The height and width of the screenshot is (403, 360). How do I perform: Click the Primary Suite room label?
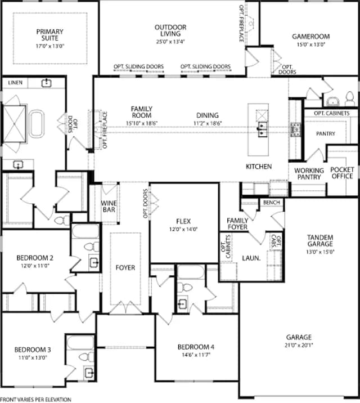point(50,35)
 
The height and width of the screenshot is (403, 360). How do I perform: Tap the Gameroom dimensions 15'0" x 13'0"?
point(311,44)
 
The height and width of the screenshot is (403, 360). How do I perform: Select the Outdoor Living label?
point(170,30)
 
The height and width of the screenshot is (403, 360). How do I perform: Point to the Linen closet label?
point(15,83)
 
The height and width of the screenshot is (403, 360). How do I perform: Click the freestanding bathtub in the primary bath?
point(37,124)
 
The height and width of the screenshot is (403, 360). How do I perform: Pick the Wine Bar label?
point(109,207)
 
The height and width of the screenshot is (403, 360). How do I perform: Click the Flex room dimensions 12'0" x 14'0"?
point(183,229)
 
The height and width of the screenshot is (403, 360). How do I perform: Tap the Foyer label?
point(125,267)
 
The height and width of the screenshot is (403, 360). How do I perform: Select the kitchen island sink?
point(263,129)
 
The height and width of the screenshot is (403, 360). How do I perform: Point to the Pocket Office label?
point(343,173)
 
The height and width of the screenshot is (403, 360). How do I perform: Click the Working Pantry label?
point(309,174)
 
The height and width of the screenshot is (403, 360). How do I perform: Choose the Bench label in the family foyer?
point(272,203)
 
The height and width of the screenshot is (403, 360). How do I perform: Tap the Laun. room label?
point(251,258)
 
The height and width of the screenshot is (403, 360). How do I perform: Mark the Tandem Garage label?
point(320,240)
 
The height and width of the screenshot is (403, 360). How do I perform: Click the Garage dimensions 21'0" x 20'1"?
point(299,345)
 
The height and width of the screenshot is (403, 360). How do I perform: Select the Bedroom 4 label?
point(196,347)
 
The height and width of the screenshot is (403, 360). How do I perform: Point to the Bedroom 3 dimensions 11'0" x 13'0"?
point(33,357)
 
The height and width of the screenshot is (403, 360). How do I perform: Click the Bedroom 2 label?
point(35,258)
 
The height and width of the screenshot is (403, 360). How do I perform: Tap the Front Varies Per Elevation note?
point(36,400)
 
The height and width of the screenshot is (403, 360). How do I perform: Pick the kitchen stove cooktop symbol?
point(295,130)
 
